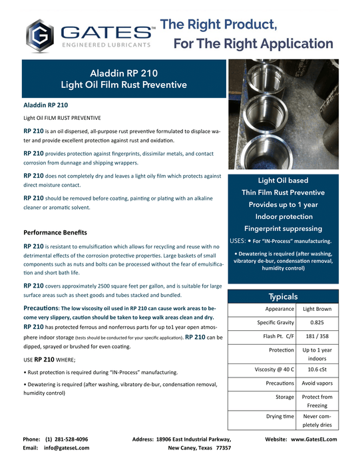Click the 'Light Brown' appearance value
click(x=318, y=310)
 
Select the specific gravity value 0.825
click(x=318, y=323)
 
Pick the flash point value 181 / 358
click(x=318, y=336)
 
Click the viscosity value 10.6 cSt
click(x=318, y=367)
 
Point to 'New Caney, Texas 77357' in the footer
click(x=200, y=449)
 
